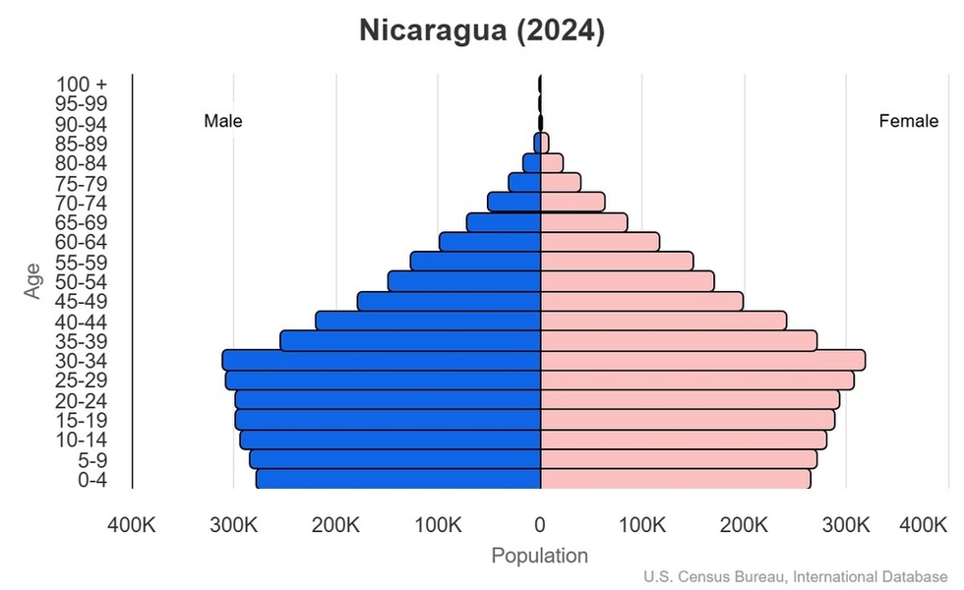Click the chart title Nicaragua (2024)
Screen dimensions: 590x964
point(481,30)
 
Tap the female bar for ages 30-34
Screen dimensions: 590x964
point(702,360)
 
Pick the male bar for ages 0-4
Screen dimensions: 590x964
point(398,479)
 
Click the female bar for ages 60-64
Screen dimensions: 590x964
point(600,242)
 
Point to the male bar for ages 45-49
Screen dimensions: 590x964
point(450,301)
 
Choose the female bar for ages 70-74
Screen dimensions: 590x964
point(572,202)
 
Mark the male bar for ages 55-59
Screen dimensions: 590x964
point(476,262)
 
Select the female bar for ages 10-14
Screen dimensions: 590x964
point(684,440)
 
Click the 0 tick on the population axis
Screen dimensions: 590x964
point(540,524)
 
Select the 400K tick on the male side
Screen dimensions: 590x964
point(131,524)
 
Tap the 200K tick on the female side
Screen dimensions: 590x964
point(745,524)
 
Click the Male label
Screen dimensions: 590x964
point(223,121)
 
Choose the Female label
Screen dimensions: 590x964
point(908,121)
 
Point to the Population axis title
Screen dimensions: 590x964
point(540,556)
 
